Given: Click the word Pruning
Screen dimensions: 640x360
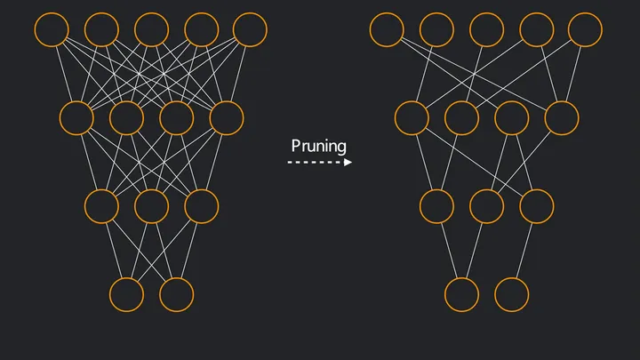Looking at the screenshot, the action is point(319,146).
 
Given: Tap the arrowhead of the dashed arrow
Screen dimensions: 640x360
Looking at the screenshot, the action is point(348,163).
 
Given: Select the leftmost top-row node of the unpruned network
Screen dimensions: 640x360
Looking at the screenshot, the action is point(52,29).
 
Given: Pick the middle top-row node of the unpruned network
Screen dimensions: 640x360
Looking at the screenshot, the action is point(151,29).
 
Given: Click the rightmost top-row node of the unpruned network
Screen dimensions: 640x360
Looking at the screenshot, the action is point(250,29).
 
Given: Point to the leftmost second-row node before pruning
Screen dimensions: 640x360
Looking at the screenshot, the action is point(76,117).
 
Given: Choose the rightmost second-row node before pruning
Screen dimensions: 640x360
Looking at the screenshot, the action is point(226,117).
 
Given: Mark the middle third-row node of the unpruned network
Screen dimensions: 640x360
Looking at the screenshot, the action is point(151,206).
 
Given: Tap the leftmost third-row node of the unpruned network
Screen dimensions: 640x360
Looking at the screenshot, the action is point(101,206).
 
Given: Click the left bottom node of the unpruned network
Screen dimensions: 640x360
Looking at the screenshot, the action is point(126,294).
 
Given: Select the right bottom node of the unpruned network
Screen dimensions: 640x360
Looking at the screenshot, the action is point(176,294).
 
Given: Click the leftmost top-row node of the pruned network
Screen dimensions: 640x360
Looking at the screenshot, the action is point(387,29).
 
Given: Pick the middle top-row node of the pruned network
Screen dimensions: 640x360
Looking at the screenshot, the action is point(486,29).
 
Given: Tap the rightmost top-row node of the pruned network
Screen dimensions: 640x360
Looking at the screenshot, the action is point(586,29).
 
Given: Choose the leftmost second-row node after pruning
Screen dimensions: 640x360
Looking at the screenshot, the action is point(412,117).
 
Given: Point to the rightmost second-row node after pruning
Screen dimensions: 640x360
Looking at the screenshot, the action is point(561,117).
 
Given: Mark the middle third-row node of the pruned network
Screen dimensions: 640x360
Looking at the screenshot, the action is point(486,206).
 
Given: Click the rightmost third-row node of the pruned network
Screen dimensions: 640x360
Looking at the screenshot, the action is point(536,206).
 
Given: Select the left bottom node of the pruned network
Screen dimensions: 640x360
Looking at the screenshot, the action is point(461,294).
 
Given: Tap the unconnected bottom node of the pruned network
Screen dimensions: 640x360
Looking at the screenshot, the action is point(511,294).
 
